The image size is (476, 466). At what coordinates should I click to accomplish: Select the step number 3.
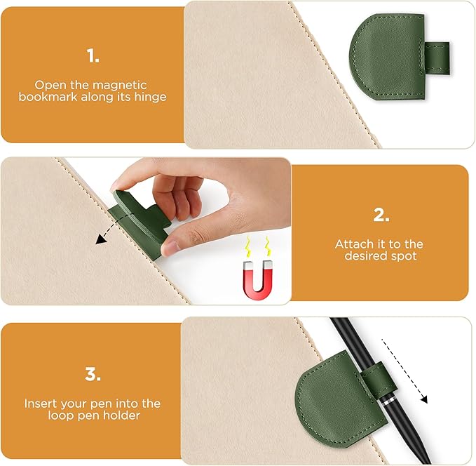93,373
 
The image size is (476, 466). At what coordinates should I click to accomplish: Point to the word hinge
151,97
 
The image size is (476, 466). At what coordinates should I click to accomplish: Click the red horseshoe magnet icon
257,278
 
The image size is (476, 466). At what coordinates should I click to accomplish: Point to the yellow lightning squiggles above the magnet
257,247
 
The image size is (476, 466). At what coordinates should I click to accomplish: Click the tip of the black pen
426,459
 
